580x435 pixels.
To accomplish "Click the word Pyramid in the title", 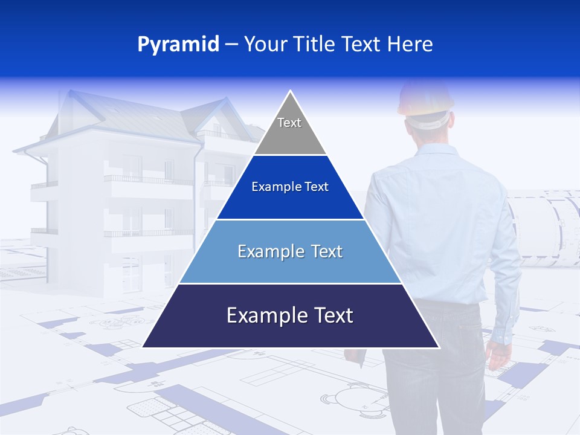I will [178, 45].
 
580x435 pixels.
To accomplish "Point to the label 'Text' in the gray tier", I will [289, 123].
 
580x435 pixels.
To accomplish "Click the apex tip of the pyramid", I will [291, 92].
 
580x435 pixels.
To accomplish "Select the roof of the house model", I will [145, 118].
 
